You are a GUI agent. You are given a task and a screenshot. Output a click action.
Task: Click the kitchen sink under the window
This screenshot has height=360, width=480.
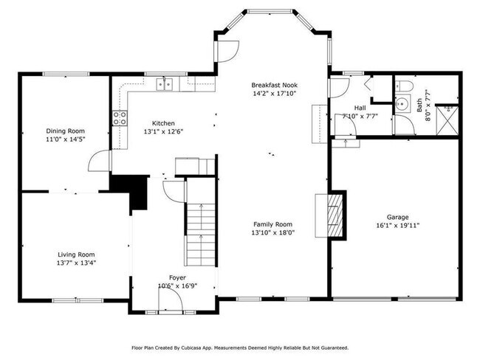[x=166, y=84]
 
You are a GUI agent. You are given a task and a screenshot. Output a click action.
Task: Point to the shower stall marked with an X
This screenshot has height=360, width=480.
[x=448, y=120]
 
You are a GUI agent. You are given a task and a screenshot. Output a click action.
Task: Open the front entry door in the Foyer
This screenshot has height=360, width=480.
[x=171, y=300]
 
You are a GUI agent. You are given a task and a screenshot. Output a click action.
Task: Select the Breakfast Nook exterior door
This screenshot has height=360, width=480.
[x=226, y=50]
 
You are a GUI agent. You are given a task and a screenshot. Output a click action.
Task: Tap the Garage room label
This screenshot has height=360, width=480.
[x=398, y=218]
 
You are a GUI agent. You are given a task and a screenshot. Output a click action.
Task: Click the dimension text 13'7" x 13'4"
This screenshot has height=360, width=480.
[x=77, y=262]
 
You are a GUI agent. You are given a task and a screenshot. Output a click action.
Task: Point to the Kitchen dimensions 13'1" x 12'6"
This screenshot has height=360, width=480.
[x=163, y=132]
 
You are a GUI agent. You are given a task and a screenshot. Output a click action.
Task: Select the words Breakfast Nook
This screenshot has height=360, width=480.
[x=274, y=85]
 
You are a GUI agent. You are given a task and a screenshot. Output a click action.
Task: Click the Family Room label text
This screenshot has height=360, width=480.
[x=272, y=224]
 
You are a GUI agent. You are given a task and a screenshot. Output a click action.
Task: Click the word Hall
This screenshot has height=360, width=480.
[x=360, y=107]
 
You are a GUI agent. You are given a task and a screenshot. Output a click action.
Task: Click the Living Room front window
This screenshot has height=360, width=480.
[x=77, y=300]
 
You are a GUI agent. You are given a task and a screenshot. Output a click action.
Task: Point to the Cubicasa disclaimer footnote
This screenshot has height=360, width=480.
[x=240, y=347]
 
